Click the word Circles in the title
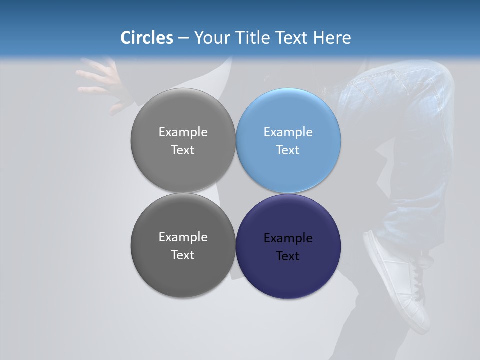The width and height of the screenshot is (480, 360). click(x=147, y=38)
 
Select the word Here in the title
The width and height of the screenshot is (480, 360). click(x=332, y=38)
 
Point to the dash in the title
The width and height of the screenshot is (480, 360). click(x=183, y=38)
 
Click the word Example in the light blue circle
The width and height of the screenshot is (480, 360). click(x=288, y=132)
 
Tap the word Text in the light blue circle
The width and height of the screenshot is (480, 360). click(x=288, y=150)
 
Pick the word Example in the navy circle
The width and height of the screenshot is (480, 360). click(x=288, y=238)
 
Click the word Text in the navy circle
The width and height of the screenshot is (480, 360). click(x=288, y=256)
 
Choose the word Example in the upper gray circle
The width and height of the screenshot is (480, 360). click(x=183, y=132)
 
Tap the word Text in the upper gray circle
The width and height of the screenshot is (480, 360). click(x=183, y=150)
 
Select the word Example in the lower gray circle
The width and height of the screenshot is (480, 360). click(x=183, y=237)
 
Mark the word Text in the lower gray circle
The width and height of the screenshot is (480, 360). click(x=183, y=255)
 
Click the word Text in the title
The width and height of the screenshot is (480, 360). click(x=292, y=38)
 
